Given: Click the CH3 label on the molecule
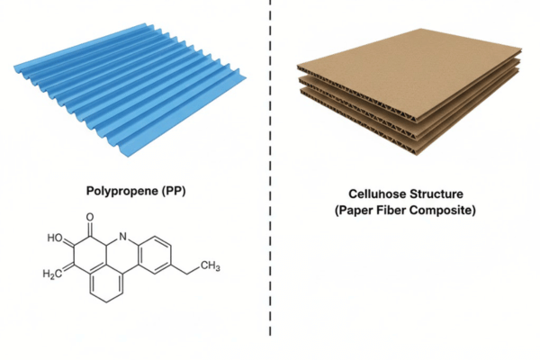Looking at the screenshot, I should pyautogui.click(x=209, y=265).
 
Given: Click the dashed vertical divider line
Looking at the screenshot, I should pyautogui.click(x=270, y=180).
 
